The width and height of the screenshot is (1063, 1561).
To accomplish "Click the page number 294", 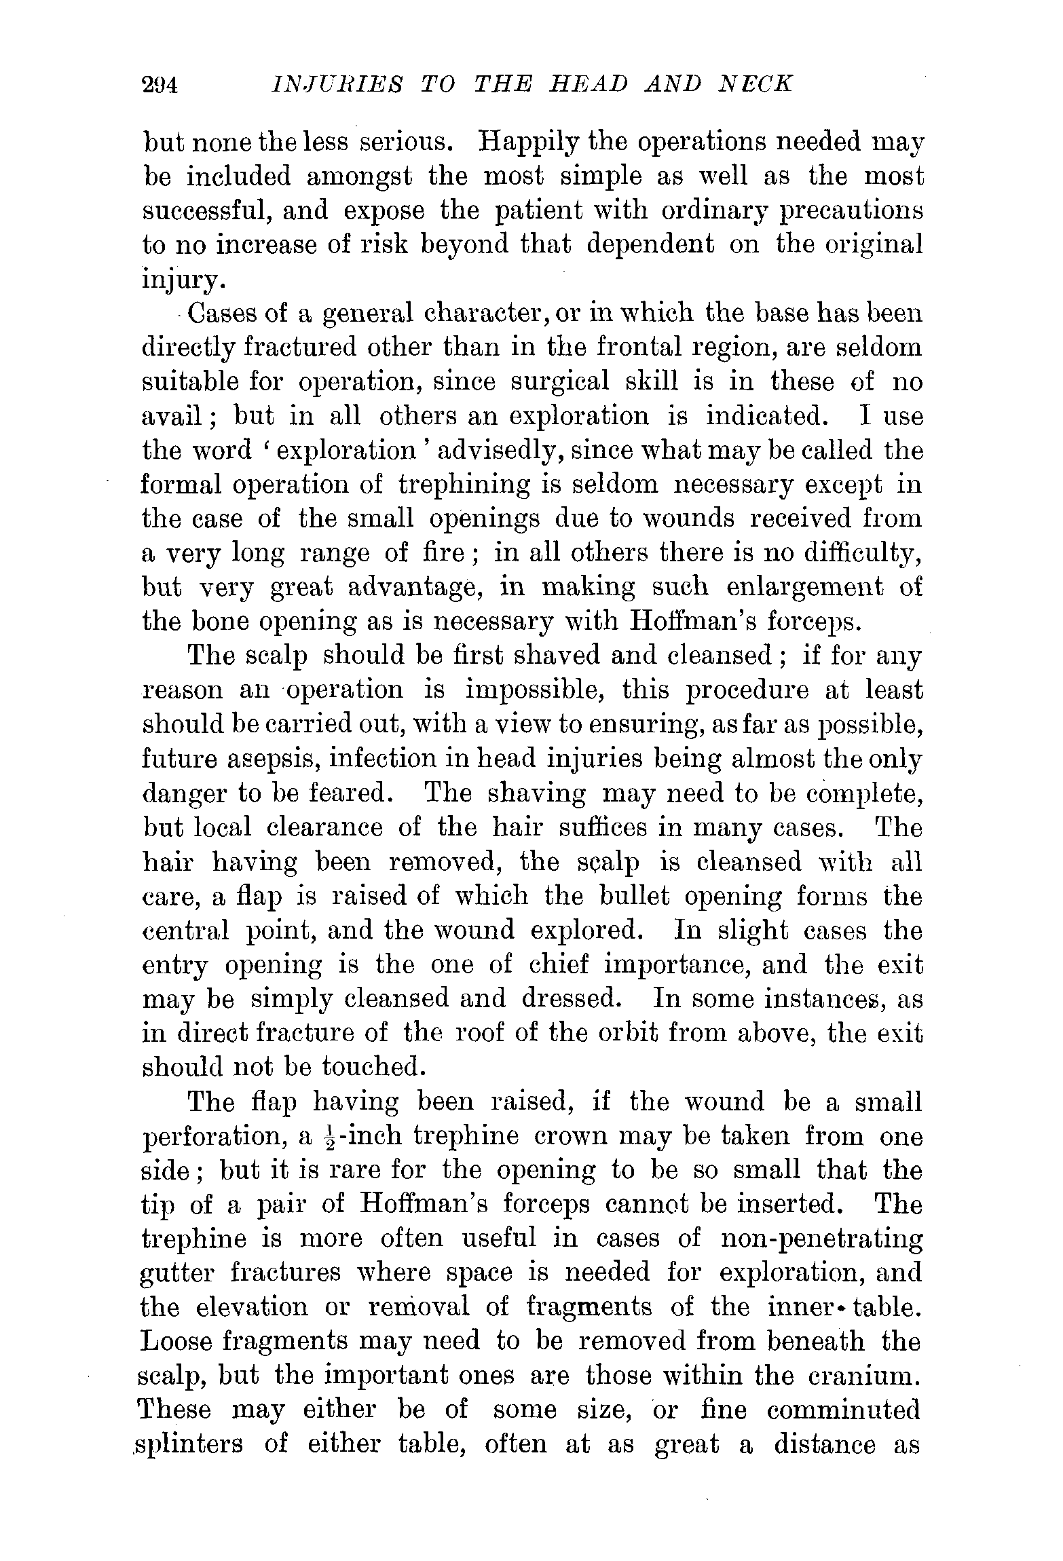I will coord(160,86).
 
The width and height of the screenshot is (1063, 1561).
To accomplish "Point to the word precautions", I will coord(851,212).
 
